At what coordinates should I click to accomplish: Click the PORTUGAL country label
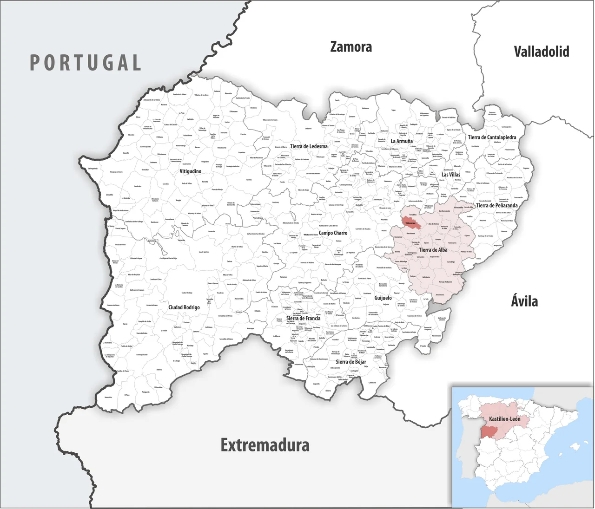coord(86,63)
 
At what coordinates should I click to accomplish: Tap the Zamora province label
coord(351,47)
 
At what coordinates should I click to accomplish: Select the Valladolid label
coord(541,51)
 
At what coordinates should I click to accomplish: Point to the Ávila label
coord(524,301)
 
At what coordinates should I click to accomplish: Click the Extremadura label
coord(265,445)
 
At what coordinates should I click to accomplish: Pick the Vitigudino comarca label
coord(191,171)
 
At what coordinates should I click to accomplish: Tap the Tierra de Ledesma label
coord(309,146)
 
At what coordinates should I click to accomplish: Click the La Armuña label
coord(402,141)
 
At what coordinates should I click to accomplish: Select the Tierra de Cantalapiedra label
coord(492,137)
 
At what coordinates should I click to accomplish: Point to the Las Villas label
coord(451,175)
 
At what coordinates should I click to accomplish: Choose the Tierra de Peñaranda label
coord(496,205)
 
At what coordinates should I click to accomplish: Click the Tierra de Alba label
coord(433,250)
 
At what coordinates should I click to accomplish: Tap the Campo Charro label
coord(333,233)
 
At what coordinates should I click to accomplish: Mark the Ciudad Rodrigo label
coord(184,307)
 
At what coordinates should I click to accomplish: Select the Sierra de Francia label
coord(303,318)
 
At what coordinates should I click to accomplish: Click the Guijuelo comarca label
coord(383,298)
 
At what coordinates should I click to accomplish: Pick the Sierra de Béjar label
coord(351,361)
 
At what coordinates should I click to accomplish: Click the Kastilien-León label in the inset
coord(504,419)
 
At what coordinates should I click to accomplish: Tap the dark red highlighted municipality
coord(411,222)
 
